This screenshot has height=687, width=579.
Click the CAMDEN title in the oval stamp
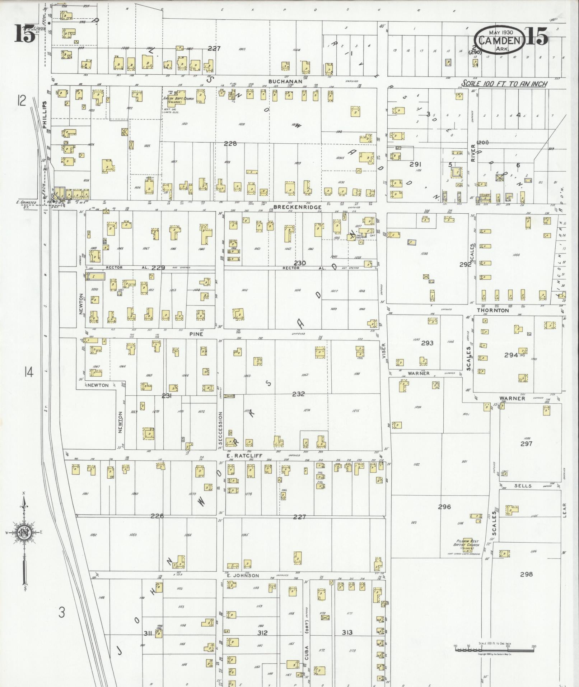(x=500, y=40)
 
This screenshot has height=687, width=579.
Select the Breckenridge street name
(x=297, y=207)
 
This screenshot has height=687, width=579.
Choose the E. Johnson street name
(x=243, y=576)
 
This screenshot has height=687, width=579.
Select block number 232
(x=298, y=394)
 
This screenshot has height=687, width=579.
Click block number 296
(x=444, y=507)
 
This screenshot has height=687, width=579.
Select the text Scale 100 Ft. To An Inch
(x=504, y=84)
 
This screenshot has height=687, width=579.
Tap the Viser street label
(x=383, y=351)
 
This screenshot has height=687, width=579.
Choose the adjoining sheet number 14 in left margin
(x=29, y=372)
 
